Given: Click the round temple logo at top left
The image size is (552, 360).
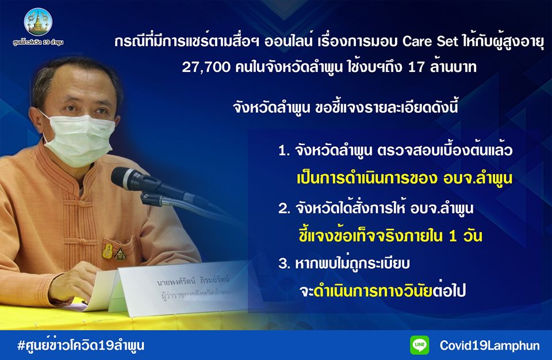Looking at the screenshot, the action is (x=38, y=22).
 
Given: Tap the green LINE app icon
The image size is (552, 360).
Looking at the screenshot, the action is (x=420, y=345).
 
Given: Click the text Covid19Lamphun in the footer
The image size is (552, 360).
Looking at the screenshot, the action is (x=490, y=345).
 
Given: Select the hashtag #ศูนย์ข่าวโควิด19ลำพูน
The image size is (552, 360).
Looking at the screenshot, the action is (x=80, y=345).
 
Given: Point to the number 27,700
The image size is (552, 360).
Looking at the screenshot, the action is (x=206, y=67).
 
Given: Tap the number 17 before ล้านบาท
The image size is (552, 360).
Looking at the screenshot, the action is (x=416, y=67).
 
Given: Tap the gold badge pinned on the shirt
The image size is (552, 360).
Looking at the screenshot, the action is (x=108, y=251).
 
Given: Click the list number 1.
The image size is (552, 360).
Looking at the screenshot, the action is (x=283, y=151).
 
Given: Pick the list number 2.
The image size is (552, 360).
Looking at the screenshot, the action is (x=283, y=209).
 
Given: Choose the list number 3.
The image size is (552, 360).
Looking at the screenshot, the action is (x=283, y=263).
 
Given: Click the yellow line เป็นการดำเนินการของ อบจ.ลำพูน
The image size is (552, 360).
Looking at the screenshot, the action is (x=405, y=178).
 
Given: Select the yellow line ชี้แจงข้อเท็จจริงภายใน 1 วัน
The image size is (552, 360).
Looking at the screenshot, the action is (x=390, y=235).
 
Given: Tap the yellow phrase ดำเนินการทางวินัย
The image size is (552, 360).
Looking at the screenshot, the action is (x=373, y=290).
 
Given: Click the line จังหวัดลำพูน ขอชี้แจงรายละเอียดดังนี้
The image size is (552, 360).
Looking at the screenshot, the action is (x=346, y=107).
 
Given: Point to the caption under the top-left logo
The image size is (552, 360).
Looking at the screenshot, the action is (x=38, y=43).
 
